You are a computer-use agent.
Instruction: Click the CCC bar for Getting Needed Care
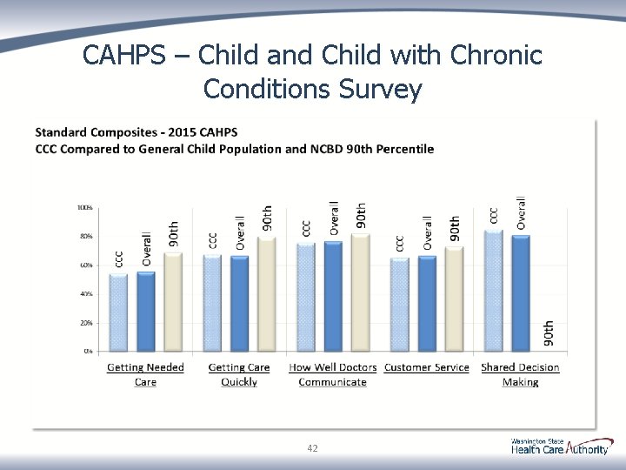point(118,312)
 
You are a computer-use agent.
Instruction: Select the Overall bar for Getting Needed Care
point(146,312)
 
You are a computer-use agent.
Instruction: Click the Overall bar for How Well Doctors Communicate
point(333,296)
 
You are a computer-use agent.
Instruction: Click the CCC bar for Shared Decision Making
point(494,291)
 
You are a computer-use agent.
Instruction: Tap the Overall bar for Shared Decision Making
point(521,293)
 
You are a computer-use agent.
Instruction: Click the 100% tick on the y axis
point(85,208)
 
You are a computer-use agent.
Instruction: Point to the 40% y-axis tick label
point(87,294)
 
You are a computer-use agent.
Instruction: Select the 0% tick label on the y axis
point(88,352)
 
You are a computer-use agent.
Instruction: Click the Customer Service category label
point(426,367)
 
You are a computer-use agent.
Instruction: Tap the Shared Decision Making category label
point(520,374)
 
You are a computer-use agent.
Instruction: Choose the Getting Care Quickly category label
point(239,374)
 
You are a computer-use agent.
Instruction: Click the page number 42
point(312,448)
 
